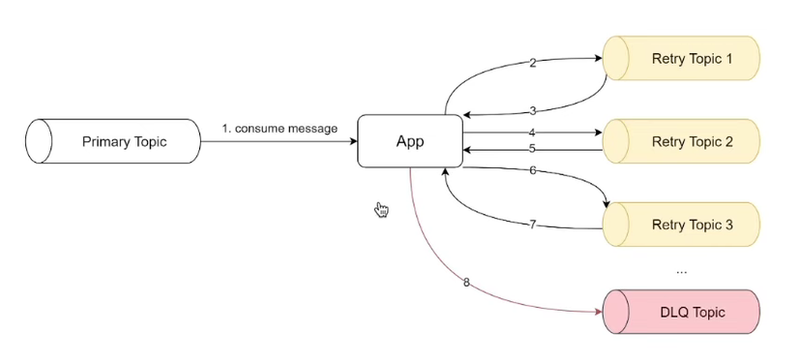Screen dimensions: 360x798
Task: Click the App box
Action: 410,141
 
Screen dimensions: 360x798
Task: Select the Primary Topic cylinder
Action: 112,141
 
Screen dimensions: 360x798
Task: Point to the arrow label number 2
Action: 532,63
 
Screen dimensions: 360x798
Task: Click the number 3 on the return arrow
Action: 532,111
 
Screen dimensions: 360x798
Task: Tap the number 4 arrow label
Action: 532,132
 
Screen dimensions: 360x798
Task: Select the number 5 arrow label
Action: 532,149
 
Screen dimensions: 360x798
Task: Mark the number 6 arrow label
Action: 532,170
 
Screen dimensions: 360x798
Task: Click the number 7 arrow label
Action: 532,225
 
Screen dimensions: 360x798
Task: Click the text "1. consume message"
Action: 280,128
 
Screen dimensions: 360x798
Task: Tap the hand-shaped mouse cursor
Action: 381,210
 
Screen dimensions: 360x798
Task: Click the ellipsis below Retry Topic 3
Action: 681,271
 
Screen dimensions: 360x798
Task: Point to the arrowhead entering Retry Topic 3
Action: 606,203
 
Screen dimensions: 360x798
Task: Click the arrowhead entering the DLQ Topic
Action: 598,312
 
